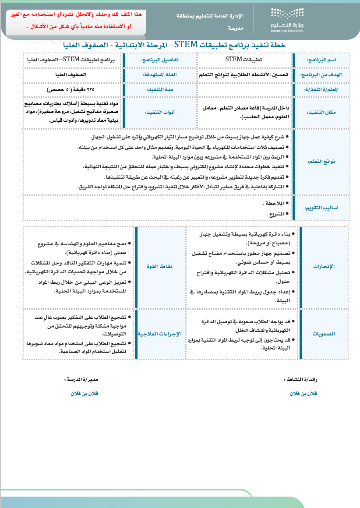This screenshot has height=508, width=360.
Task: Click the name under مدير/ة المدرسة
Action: click(85, 393)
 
